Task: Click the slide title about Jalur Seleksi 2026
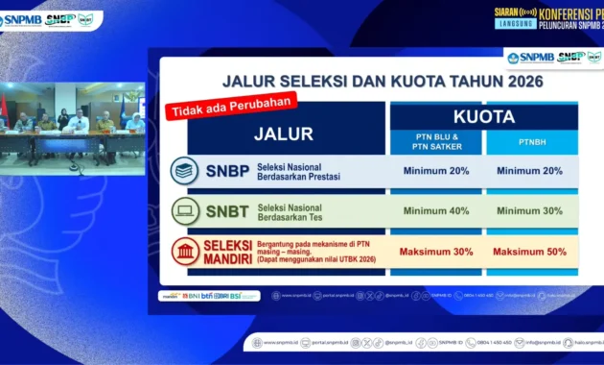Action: click(383, 82)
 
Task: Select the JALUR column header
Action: click(283, 134)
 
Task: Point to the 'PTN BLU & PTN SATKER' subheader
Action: click(437, 142)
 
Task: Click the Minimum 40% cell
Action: click(437, 211)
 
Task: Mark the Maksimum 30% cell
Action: click(437, 252)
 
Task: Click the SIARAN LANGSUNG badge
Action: click(516, 18)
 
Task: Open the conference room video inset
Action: click(72, 121)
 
